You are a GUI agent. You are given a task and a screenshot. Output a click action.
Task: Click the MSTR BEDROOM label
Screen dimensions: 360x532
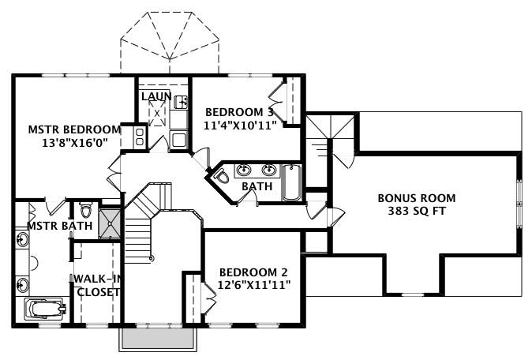[x=74, y=129]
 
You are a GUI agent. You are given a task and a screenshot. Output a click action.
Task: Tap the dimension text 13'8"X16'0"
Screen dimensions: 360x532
[x=74, y=143]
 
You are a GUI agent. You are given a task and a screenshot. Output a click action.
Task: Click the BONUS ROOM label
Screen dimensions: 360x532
[x=416, y=198]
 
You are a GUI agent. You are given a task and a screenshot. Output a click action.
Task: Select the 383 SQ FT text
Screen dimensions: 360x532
[x=416, y=212]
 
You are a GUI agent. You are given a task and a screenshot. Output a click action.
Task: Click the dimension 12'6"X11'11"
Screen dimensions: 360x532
[x=248, y=286]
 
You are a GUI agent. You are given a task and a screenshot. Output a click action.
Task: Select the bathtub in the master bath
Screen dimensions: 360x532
[x=43, y=309]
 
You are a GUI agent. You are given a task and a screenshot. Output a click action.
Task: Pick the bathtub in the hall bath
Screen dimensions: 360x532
[x=291, y=182]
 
